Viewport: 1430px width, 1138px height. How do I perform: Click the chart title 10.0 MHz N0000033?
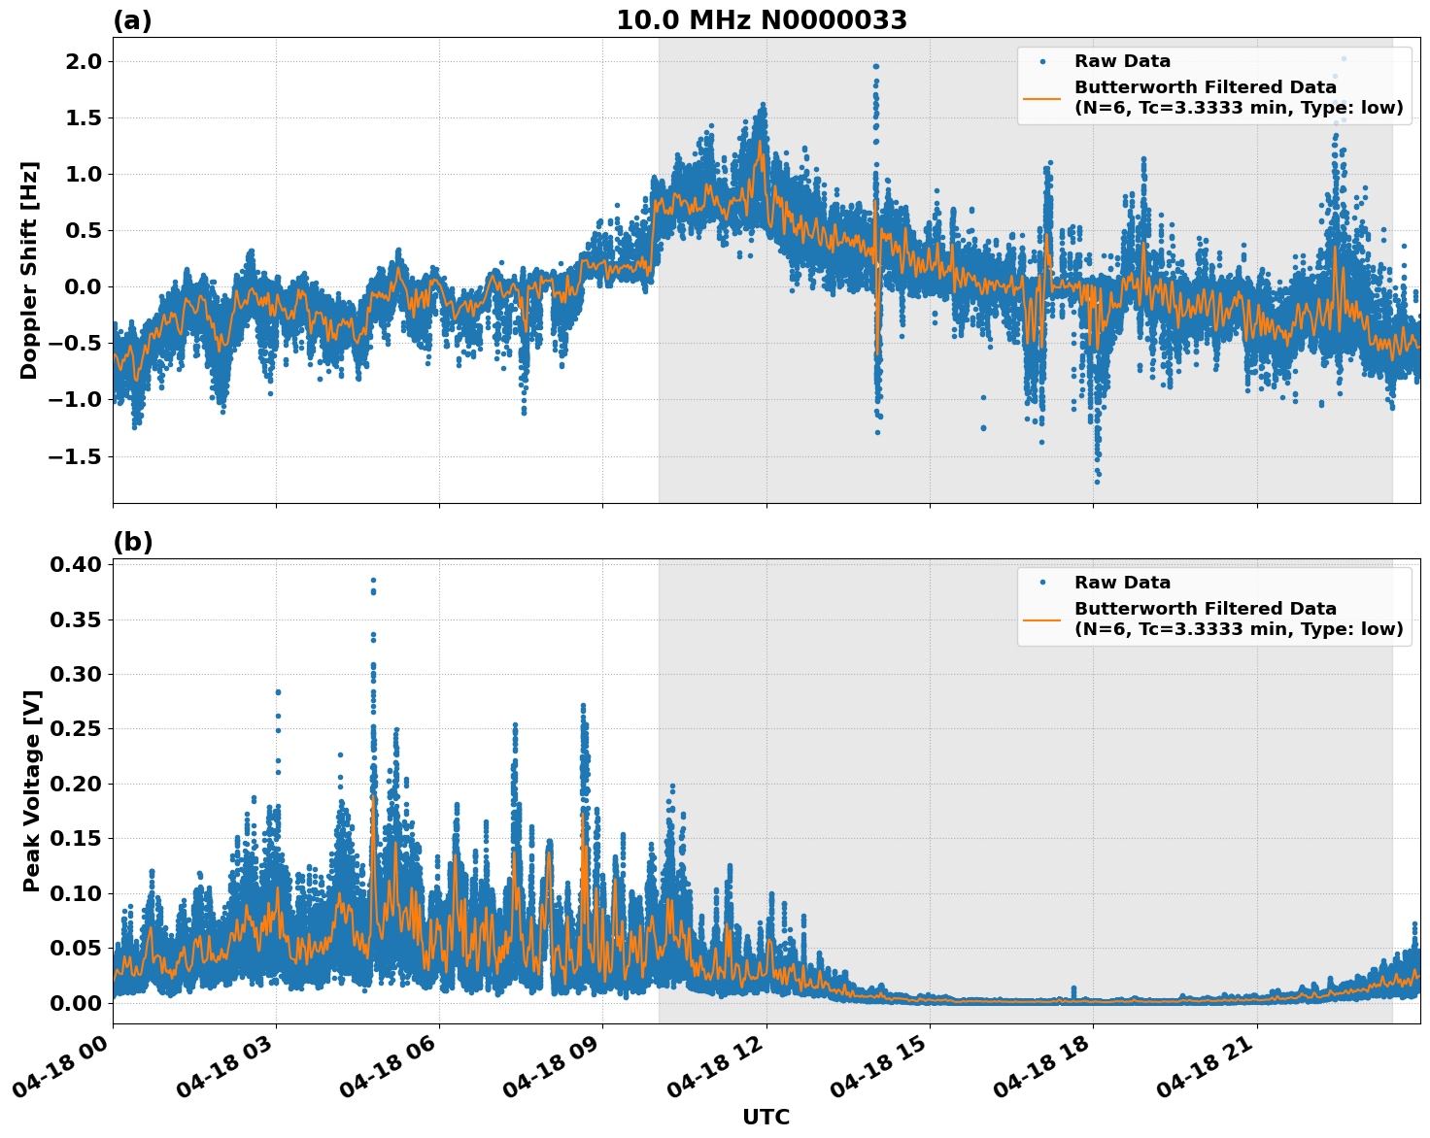762,20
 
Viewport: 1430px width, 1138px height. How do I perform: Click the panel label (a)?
132,20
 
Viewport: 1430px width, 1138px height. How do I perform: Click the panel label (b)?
132,542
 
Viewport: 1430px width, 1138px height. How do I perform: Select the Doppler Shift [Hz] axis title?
29,270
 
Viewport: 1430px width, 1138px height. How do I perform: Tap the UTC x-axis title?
766,1117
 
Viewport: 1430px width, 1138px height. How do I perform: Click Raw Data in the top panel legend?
1122,61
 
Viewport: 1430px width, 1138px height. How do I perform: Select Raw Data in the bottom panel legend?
1122,583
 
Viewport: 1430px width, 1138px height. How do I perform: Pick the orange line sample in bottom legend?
1042,619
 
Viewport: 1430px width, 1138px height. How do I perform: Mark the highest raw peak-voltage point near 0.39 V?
373,581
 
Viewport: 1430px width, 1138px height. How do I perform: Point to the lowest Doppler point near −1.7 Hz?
1097,482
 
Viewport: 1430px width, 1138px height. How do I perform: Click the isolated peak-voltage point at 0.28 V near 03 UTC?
278,692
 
